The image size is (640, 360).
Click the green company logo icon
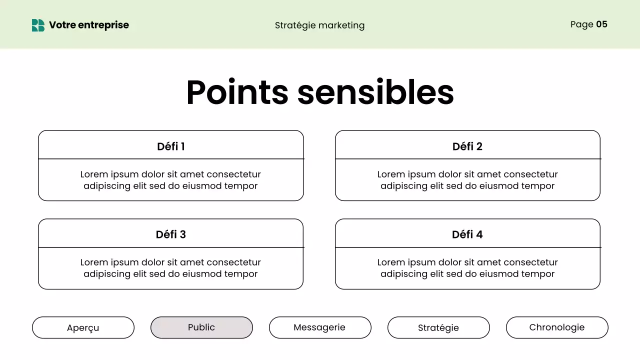click(38, 25)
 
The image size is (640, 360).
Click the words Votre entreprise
click(89, 25)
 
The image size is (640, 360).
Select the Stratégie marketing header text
click(319, 25)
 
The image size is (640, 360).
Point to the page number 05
click(601, 24)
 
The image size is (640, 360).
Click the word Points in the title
click(237, 92)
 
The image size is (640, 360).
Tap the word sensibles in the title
click(375, 92)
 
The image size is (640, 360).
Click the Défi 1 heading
click(171, 146)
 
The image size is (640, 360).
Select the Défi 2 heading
click(467, 146)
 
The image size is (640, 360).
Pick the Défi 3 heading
click(171, 234)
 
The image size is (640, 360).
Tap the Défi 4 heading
click(467, 234)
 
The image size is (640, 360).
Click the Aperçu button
click(83, 328)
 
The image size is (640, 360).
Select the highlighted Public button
click(201, 327)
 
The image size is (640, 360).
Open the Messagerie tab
click(319, 327)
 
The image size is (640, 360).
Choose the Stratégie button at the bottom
click(438, 328)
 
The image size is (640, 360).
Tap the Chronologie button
click(557, 327)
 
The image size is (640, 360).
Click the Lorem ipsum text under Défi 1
click(170, 180)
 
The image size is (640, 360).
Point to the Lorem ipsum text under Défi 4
click(467, 268)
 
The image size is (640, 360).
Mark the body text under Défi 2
click(467, 180)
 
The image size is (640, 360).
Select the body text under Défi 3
click(170, 268)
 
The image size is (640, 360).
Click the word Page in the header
click(581, 24)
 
